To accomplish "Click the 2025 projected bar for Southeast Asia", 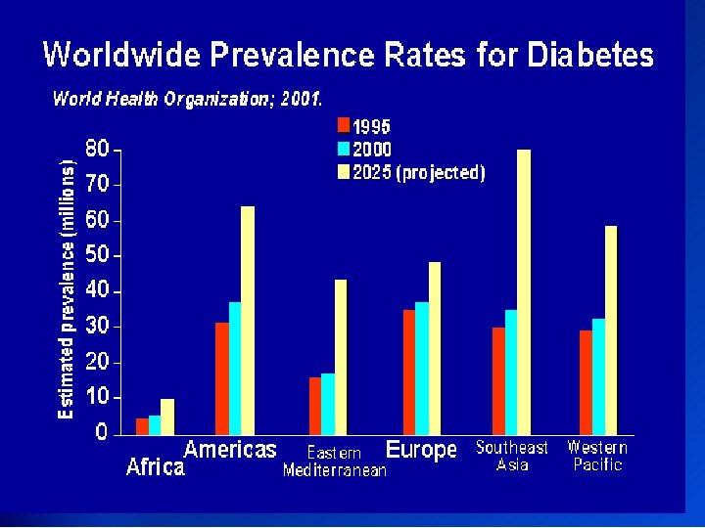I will pos(524,292).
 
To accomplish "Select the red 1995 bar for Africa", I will pos(143,426).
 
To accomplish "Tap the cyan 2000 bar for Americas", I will pos(235,368).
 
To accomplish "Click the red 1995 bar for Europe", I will pos(409,372).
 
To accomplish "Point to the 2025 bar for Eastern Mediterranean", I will pos(341,357).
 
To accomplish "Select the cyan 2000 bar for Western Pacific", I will pos(598,376).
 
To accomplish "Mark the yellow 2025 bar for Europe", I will pos(435,348).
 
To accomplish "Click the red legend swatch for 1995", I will pos(344,125).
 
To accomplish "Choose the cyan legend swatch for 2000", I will pos(344,149).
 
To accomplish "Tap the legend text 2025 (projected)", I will pos(419,173).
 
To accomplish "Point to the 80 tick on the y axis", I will pos(97,150).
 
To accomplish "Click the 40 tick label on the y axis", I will pos(97,291).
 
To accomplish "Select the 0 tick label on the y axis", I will pos(102,433).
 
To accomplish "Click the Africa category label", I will pos(156,467).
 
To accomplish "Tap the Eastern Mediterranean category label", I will pos(335,462).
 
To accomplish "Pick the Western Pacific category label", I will pos(597,456).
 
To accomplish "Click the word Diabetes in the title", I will pos(590,55).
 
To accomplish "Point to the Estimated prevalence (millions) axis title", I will pos(67,289).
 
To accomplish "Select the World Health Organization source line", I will pos(187,98).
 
